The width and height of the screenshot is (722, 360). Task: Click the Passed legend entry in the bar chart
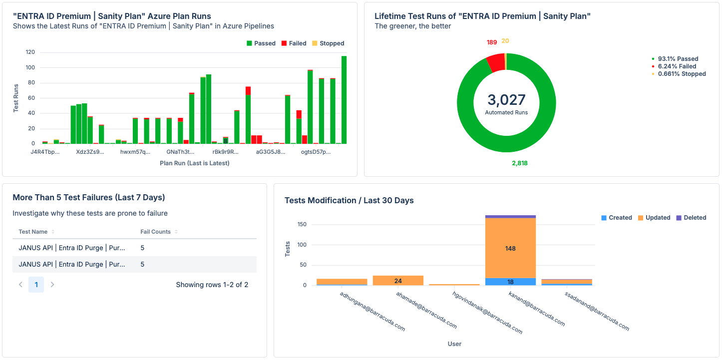261,43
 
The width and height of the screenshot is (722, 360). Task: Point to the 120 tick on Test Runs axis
30,52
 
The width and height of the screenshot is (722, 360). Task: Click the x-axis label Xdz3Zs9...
90,152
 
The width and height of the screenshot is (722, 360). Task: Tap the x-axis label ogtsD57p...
316,152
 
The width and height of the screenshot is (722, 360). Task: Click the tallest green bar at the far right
344,100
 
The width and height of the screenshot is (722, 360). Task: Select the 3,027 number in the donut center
506,100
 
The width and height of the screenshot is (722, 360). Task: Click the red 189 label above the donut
492,42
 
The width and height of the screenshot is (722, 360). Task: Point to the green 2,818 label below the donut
519,163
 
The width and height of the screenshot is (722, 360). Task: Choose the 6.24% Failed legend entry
677,66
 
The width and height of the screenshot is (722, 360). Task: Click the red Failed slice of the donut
496,62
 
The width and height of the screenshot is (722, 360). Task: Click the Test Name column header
33,232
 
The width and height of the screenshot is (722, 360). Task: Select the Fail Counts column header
155,232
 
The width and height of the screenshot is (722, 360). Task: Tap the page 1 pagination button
36,285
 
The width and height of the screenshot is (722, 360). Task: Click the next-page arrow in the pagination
52,285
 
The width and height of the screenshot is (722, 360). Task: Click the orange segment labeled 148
510,248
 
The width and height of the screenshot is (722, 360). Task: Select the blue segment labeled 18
510,282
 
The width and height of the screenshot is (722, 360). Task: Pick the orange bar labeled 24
398,281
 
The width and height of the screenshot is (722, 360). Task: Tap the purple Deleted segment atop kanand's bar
510,217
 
